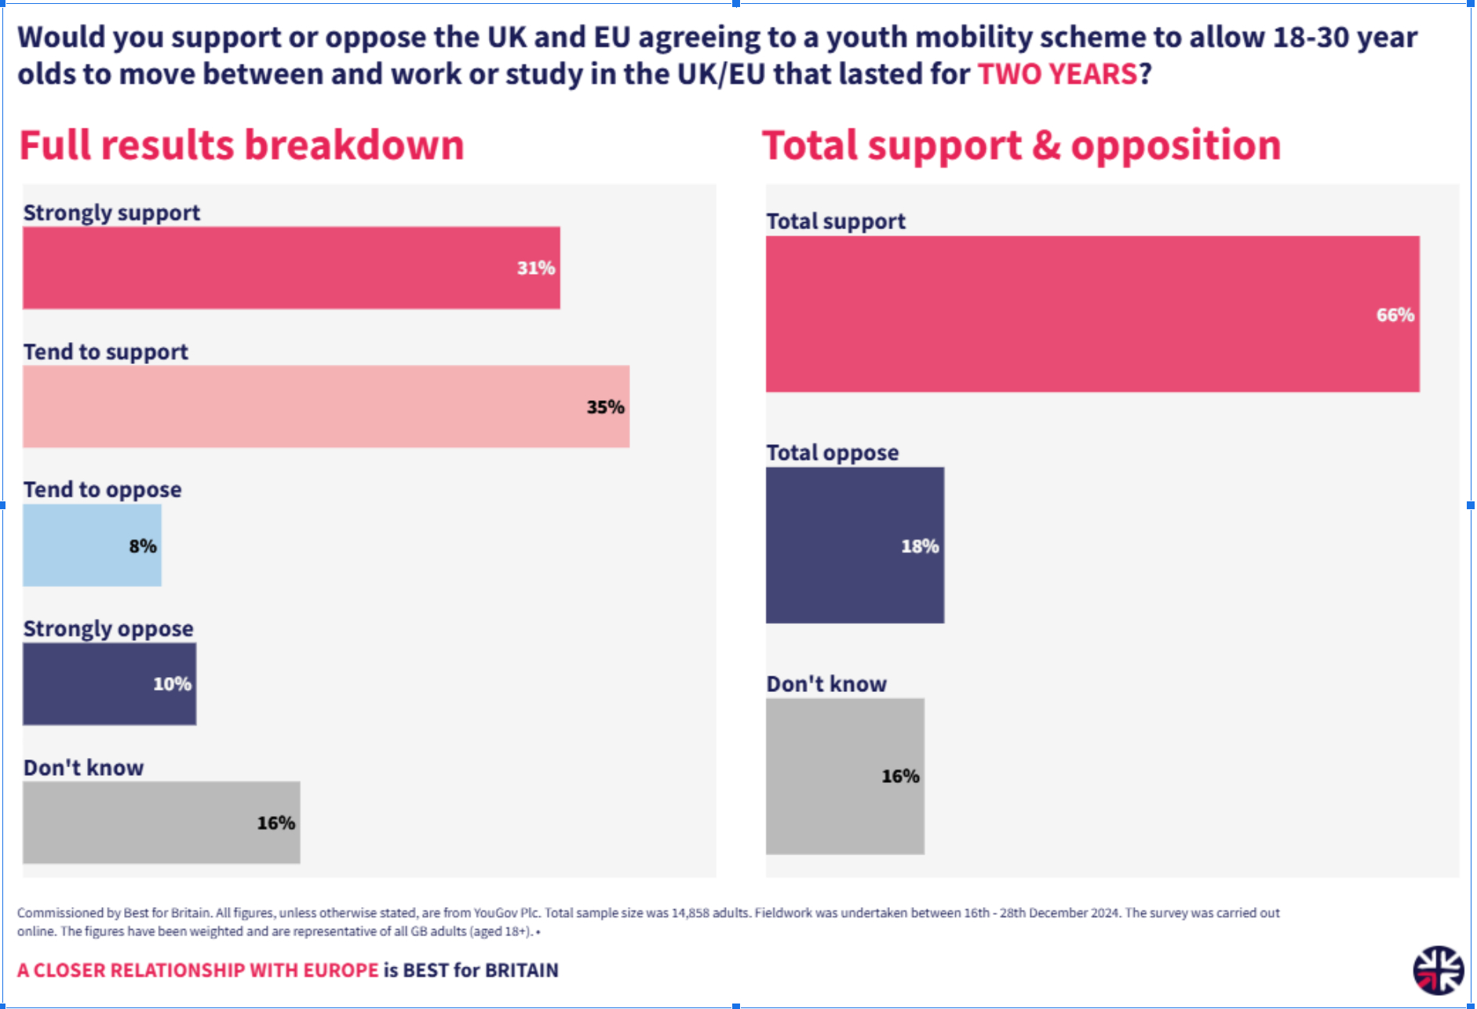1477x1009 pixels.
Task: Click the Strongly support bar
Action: coord(290,268)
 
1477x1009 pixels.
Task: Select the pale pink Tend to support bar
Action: coord(326,406)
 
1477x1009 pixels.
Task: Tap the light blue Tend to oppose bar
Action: coord(92,545)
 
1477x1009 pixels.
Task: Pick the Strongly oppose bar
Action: coord(109,683)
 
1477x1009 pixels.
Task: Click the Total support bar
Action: coord(1092,314)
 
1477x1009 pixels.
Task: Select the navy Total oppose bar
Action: coord(855,545)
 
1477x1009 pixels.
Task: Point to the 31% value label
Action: coord(536,268)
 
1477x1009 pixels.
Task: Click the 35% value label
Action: coord(605,407)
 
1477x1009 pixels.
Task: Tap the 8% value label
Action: coord(143,546)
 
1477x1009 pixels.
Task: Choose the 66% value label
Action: coord(1395,315)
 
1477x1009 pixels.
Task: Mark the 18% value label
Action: coord(920,546)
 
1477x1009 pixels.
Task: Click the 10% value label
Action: coord(172,684)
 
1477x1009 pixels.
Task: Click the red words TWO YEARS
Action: coord(1057,74)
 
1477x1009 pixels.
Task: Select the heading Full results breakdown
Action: coord(242,145)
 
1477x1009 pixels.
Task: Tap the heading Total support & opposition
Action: coord(1021,145)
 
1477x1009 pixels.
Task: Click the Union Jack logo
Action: coord(1438,970)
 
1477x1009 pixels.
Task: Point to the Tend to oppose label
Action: coord(102,490)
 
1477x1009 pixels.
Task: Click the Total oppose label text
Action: coord(833,453)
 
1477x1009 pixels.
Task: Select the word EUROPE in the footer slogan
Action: coord(341,971)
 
